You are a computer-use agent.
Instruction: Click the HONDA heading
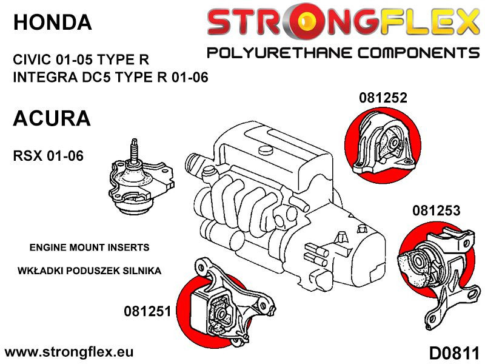tap(52, 23)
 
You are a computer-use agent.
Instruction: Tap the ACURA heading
tap(52, 118)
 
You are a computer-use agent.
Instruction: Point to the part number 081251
tap(148, 311)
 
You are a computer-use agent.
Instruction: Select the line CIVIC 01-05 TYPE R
tap(80, 60)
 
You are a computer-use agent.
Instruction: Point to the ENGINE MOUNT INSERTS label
tap(89, 248)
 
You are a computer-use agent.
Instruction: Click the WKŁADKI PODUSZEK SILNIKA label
tap(89, 271)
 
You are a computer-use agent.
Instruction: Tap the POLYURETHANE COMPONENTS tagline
tap(343, 53)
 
